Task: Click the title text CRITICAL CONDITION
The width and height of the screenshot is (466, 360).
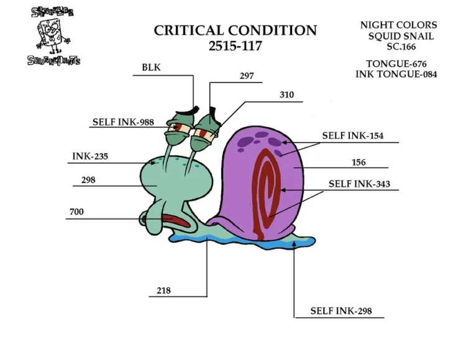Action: pyautogui.click(x=235, y=30)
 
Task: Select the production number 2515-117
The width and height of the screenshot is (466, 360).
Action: pyautogui.click(x=235, y=46)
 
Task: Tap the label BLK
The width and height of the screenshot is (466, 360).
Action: pyautogui.click(x=151, y=68)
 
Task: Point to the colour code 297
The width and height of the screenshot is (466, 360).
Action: pyautogui.click(x=247, y=76)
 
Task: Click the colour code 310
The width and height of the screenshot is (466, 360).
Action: pyautogui.click(x=286, y=95)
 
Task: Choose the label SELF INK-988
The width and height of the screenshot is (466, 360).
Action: pyautogui.click(x=123, y=122)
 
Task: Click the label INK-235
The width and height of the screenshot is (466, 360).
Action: pyautogui.click(x=90, y=156)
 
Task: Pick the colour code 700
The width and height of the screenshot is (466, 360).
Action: pyautogui.click(x=76, y=212)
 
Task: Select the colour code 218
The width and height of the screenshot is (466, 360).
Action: pyautogui.click(x=163, y=290)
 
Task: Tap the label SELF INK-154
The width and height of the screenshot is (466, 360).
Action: pyautogui.click(x=353, y=135)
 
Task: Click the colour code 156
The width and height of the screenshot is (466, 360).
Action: pyautogui.click(x=359, y=163)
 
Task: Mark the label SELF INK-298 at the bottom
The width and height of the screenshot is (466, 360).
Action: pyautogui.click(x=341, y=311)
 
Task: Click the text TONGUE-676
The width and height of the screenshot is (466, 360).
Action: pyautogui.click(x=396, y=64)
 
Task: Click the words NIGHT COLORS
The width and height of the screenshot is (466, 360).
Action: pyautogui.click(x=398, y=25)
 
